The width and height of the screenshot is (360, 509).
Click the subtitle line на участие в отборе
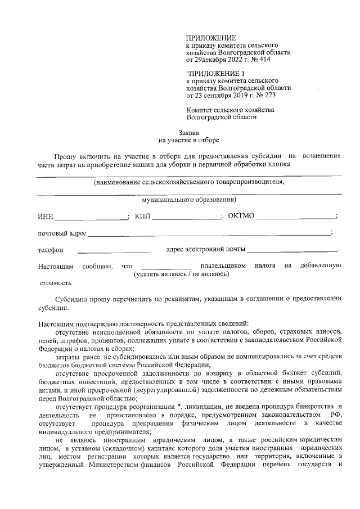189,140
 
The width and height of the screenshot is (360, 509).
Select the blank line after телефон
114,250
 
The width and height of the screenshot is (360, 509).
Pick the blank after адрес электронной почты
292,250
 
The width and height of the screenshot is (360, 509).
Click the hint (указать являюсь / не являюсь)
181,274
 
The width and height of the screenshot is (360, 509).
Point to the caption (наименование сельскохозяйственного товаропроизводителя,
189,182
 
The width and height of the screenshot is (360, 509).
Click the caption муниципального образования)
189,199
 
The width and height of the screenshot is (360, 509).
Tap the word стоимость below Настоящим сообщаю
55,283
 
